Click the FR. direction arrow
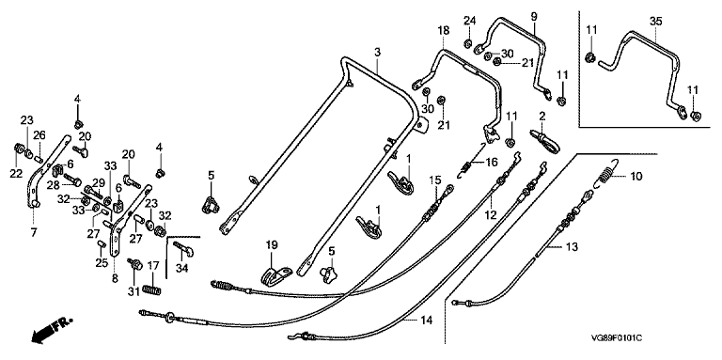point(52,330)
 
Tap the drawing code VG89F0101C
point(617,338)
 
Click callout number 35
point(655,22)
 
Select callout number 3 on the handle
point(377,53)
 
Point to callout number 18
point(443,31)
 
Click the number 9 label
point(534,17)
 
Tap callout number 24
point(469,21)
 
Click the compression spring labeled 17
point(152,290)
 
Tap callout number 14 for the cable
point(427,321)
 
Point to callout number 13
point(571,247)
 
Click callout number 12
point(491,215)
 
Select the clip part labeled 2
point(546,139)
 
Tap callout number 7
point(34,233)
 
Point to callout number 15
point(435,180)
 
